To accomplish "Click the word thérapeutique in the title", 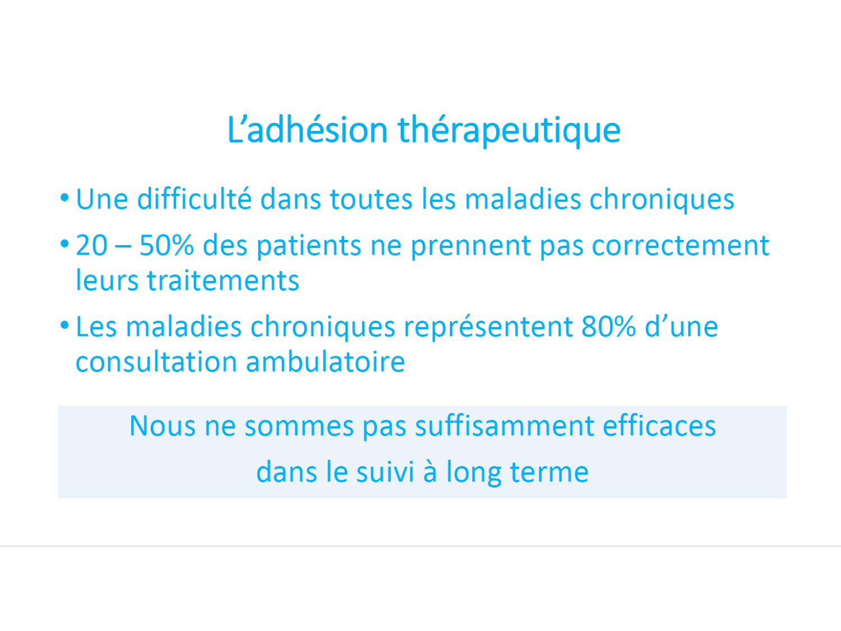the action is (509, 131).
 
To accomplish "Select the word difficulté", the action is (195, 199).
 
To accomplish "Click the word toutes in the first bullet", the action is (371, 200).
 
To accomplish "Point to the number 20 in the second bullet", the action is (91, 245).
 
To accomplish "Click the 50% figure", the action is (167, 245).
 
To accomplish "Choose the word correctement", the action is (681, 246).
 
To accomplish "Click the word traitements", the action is (223, 281).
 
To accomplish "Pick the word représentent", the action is (488, 328).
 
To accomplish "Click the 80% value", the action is (609, 326).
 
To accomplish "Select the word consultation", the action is (156, 362).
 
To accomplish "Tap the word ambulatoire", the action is (325, 362).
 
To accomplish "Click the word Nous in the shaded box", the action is (163, 426).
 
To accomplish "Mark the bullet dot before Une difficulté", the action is (64, 198).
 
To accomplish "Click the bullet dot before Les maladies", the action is (64, 326).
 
